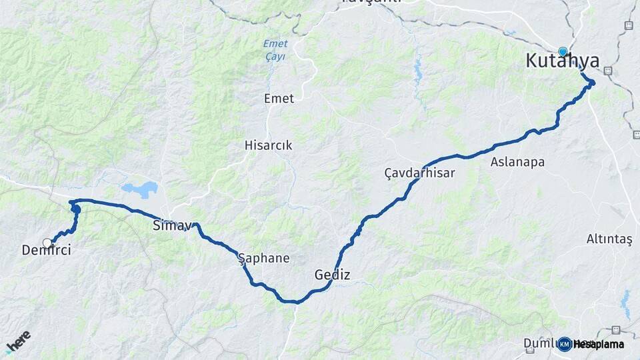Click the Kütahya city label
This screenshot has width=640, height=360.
coord(562,61)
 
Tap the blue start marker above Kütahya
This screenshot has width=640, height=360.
coord(563,51)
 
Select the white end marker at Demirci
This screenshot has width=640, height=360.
coord(47,243)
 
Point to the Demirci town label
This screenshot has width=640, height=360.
coord(46,251)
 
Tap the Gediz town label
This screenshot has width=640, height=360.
coord(332,275)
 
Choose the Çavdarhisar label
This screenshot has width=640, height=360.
coord(419,173)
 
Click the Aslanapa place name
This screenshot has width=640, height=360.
coord(517,162)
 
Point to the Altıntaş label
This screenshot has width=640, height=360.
coord(609,239)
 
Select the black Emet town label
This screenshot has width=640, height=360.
coord(279,99)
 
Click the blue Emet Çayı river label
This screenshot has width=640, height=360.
coord(274,50)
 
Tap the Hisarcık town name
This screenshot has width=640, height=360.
coord(268,145)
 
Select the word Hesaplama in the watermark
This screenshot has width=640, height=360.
coord(599,344)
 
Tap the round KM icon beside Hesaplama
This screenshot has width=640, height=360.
coord(565,344)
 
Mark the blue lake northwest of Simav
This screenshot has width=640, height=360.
coord(139,189)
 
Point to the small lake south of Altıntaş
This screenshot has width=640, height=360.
coord(625,303)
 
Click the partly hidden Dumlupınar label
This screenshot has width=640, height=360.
coord(540,343)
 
